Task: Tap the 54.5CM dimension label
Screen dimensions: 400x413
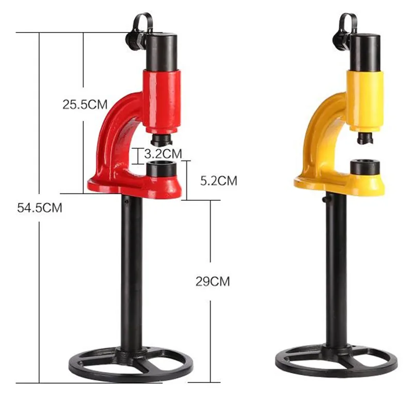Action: pos(40,208)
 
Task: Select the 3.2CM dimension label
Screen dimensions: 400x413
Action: pos(163,153)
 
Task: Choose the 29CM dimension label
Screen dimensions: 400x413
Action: pos(213,281)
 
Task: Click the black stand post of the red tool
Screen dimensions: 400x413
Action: pos(132,274)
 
